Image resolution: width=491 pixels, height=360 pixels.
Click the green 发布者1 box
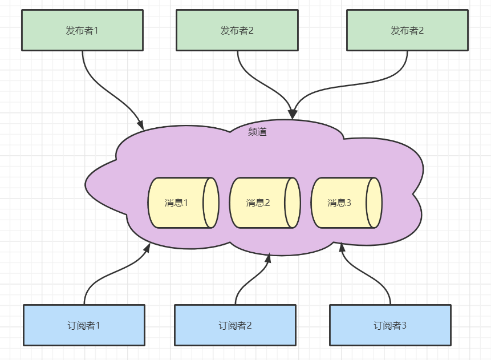coord(82,30)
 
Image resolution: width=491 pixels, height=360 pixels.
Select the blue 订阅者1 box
coord(84,325)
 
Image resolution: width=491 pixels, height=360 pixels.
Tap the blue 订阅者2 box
coord(235,325)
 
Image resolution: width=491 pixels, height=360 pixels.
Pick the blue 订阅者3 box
coord(390,325)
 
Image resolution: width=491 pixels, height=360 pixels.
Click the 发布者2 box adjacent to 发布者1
coord(237,30)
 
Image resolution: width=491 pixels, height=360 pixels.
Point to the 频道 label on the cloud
coord(257,132)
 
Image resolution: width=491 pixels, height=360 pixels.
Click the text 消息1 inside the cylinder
coord(176,203)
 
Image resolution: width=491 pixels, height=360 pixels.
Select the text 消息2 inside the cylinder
coord(258,203)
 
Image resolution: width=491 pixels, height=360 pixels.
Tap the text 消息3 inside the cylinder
coord(339,203)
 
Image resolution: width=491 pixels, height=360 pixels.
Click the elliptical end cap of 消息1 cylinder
coord(212,203)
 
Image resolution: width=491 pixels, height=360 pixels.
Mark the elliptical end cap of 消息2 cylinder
coord(293,203)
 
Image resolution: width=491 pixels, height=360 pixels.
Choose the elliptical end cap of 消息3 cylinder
coord(374,203)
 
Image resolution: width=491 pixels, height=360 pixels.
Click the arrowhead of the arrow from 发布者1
coord(140,124)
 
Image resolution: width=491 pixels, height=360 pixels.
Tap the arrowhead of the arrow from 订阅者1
coord(147,248)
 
